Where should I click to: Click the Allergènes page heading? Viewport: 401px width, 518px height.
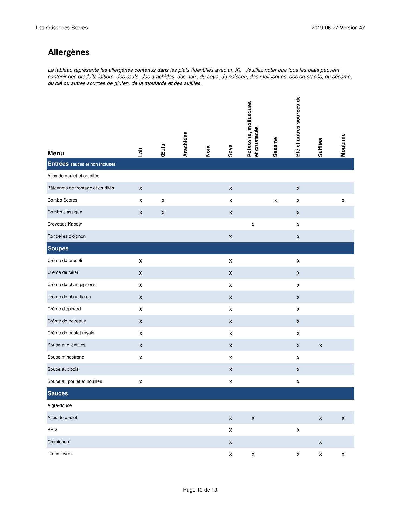coord(68,52)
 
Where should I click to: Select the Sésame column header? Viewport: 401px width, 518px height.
coord(275,147)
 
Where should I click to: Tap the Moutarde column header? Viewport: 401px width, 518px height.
coord(343,145)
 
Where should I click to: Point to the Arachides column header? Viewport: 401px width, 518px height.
coord(185,144)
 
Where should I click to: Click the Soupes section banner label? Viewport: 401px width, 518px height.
coord(58,248)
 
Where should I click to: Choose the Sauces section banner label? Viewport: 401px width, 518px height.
coord(58,393)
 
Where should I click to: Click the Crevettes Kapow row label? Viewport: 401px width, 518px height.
coord(64,224)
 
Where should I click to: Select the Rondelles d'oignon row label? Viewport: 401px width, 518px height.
coord(66,236)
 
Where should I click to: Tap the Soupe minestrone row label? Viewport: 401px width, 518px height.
coord(66,357)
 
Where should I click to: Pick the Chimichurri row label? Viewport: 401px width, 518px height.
coord(59,442)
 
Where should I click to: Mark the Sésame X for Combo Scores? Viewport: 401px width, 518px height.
coord(275,200)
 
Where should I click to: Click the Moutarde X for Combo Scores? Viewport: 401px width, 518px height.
coord(343,200)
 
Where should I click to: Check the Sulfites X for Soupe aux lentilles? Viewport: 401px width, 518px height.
coord(320,346)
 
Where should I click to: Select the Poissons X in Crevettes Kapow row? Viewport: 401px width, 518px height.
coord(253,225)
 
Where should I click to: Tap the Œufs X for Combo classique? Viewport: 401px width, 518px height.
coord(163,213)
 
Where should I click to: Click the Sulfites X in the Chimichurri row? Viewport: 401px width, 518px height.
coord(320,442)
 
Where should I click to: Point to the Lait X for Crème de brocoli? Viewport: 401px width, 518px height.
coord(141,261)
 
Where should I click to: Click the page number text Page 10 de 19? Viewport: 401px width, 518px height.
coord(200,490)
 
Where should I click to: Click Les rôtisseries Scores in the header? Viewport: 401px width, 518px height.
coord(62,28)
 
